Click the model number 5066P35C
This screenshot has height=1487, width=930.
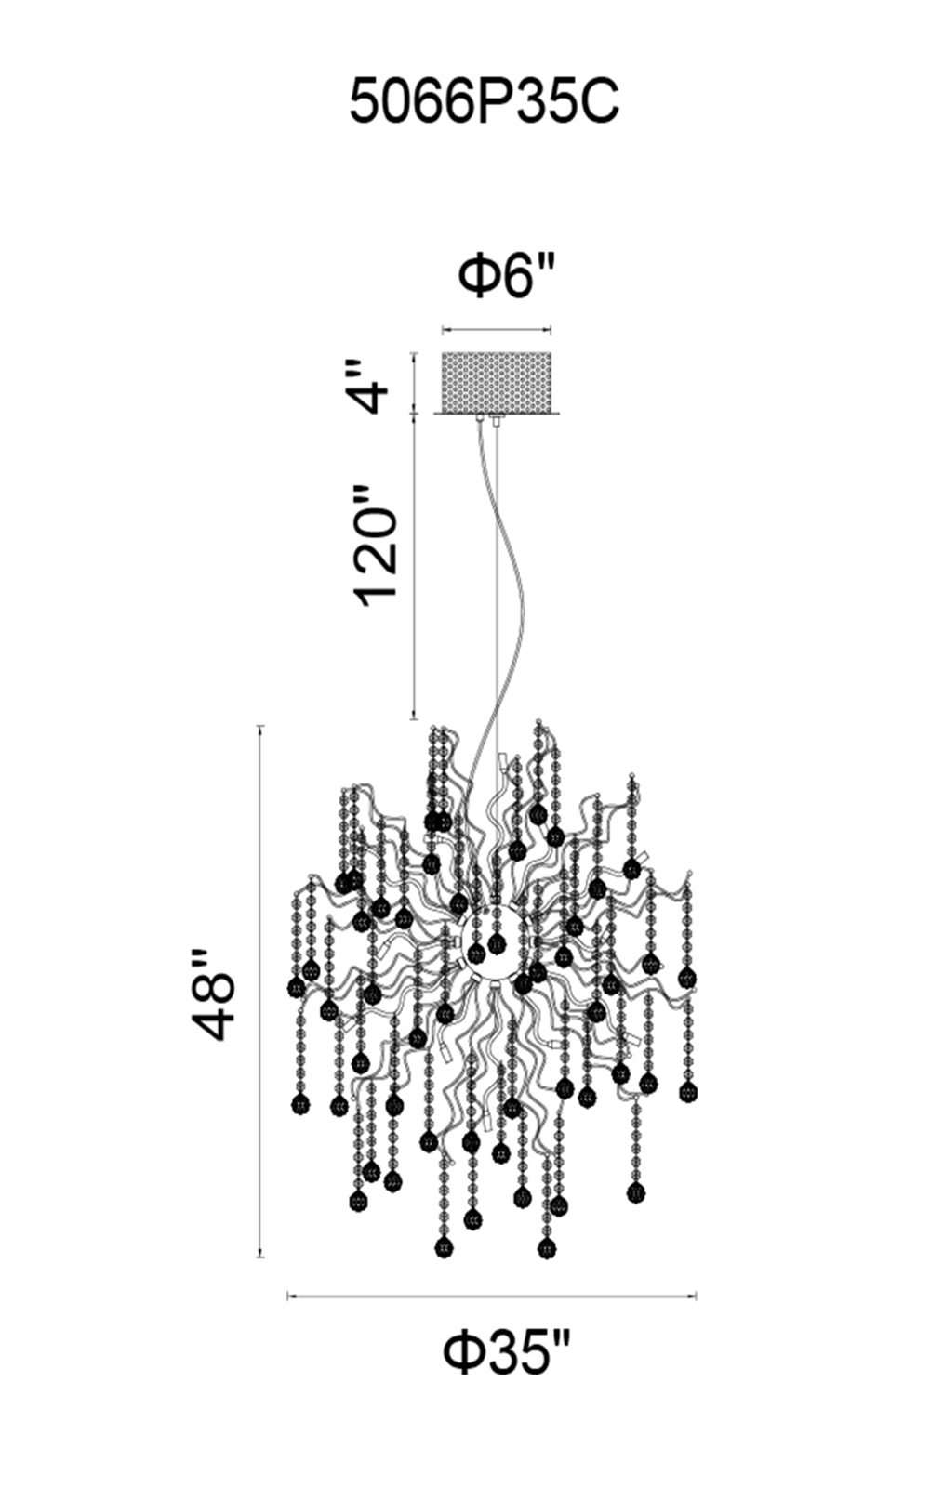coord(484,102)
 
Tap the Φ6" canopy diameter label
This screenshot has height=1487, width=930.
coord(507,276)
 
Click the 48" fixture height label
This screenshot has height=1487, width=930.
coord(213,994)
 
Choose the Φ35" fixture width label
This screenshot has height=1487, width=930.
coord(504,1354)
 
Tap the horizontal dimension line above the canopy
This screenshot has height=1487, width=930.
coord(496,329)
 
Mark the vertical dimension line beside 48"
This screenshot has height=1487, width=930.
coord(260,991)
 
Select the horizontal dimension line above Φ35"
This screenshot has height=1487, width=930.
coord(491,1295)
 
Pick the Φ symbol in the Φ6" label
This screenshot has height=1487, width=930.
coord(476,276)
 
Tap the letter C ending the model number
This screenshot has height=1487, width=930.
coord(599,102)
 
